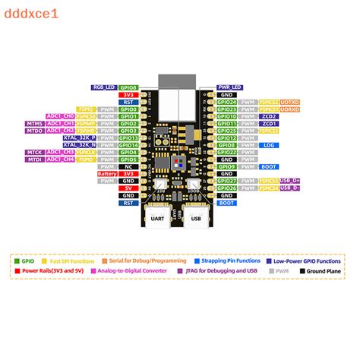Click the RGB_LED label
(x=104, y=87)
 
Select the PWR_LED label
(x=229, y=87)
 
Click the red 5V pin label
(x=129, y=188)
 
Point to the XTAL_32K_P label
(x=79, y=137)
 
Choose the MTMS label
(x=34, y=123)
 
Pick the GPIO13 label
(x=129, y=137)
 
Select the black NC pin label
(x=129, y=166)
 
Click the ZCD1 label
(x=269, y=123)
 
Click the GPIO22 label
(x=226, y=152)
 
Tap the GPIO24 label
(x=226, y=102)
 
